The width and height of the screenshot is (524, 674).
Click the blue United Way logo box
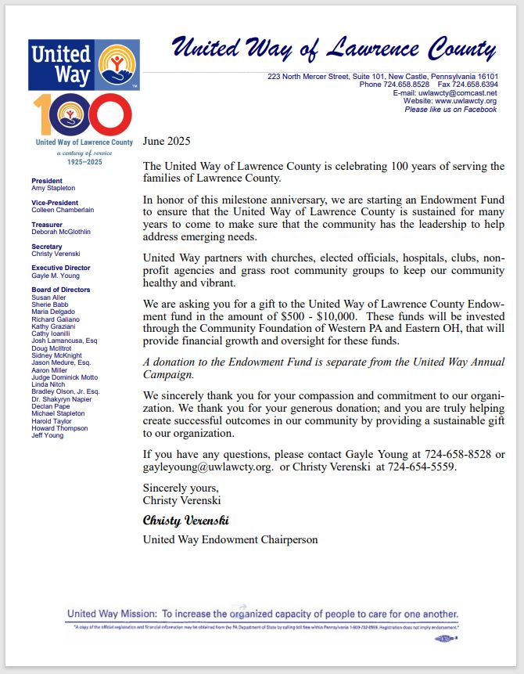tap(84, 65)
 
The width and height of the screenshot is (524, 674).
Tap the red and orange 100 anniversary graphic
tap(84, 114)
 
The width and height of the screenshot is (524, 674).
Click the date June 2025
tap(167, 142)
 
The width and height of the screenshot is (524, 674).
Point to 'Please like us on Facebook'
tap(450, 110)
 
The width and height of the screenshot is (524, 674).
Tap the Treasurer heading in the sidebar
tap(46, 224)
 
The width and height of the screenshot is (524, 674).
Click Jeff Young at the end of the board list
tap(48, 436)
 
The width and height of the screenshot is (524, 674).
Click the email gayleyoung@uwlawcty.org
tap(207, 467)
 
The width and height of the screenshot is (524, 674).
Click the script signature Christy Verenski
tap(185, 520)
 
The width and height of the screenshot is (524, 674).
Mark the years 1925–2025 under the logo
tap(84, 161)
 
